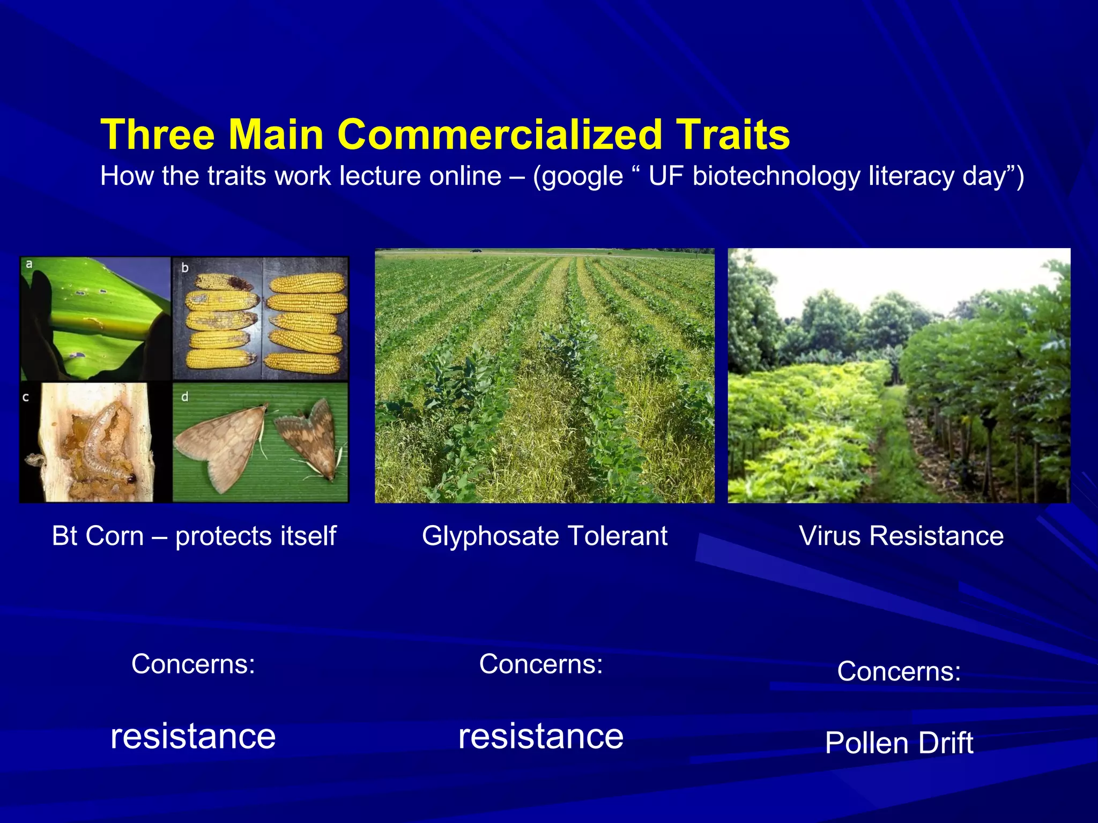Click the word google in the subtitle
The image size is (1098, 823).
[x=582, y=176]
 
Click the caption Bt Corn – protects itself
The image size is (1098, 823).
[x=194, y=535]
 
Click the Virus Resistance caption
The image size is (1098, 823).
[x=901, y=535]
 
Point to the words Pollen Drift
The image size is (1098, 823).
[x=899, y=743]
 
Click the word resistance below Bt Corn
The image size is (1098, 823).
[x=193, y=736]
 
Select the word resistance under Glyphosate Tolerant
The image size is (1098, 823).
[x=541, y=736]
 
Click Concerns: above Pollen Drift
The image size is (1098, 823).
[x=899, y=671]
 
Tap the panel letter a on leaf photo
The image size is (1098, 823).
[x=29, y=264]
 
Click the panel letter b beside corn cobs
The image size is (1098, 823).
[x=184, y=267]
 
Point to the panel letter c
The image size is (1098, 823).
[x=26, y=398]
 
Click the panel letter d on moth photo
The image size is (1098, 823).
[x=184, y=398]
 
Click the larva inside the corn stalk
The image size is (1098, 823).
[x=105, y=445]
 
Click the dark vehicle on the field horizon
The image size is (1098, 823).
[x=476, y=250]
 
